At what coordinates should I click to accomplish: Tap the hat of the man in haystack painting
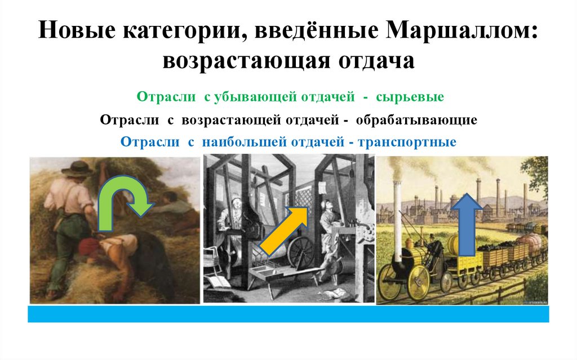[x=77, y=167]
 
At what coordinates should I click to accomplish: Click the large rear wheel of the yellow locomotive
[x=418, y=282]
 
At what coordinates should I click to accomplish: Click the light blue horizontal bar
[x=288, y=314]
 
